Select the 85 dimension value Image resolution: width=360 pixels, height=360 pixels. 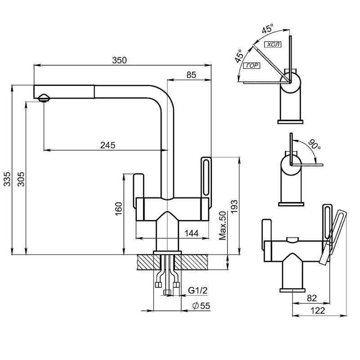191,76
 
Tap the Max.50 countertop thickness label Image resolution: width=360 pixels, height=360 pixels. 221,226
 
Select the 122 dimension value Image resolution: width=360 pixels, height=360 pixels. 317,310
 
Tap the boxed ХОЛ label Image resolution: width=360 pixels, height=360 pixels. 273,45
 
